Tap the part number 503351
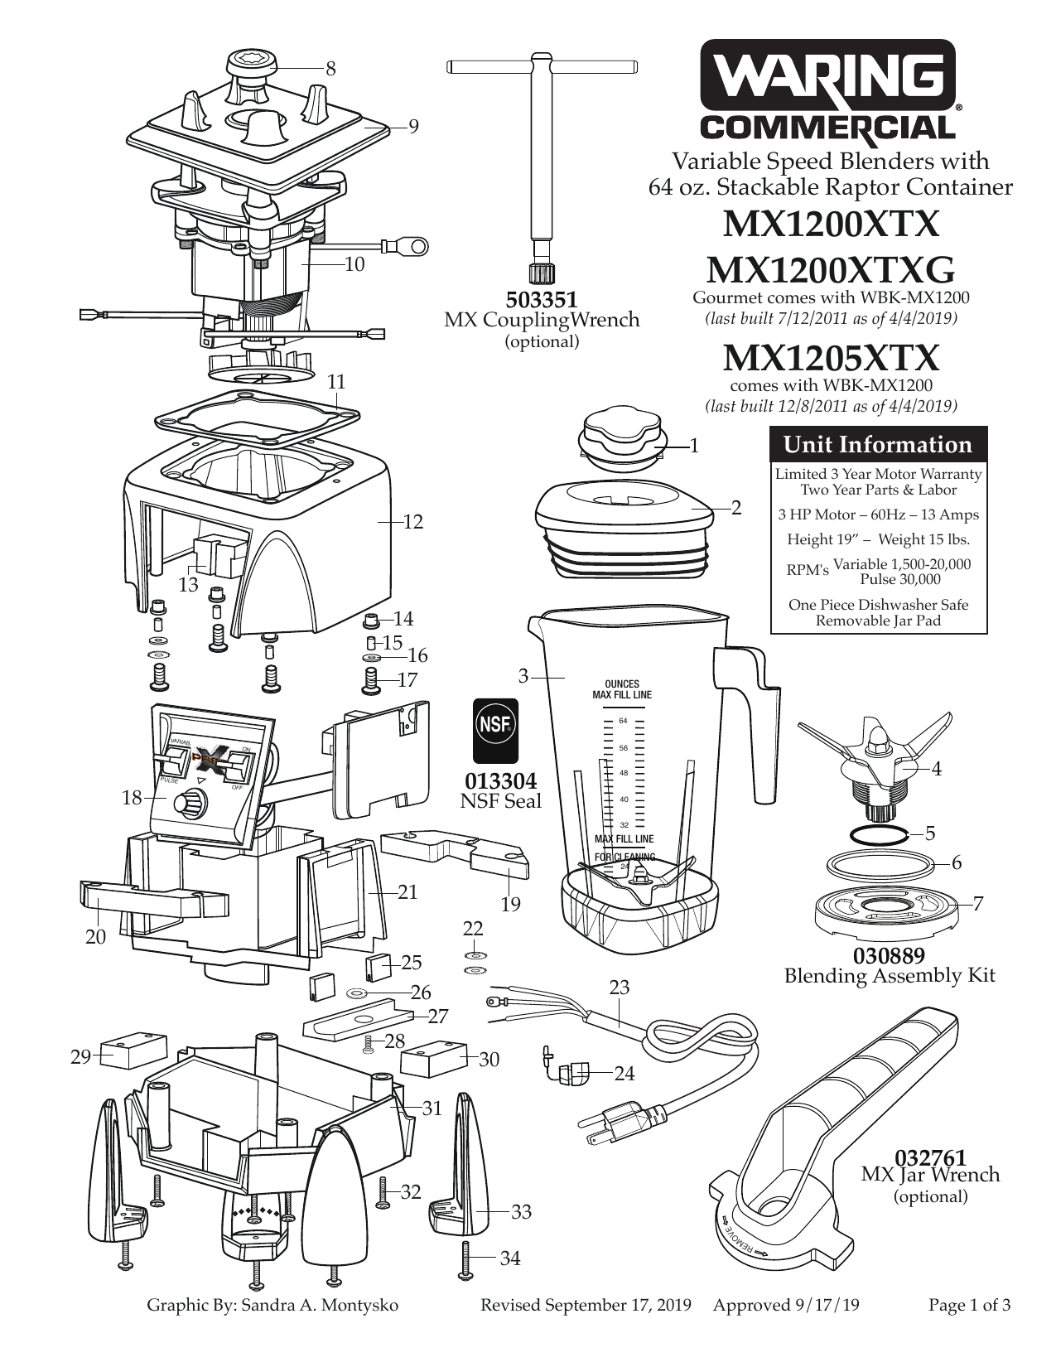click(542, 299)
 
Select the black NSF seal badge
click(495, 729)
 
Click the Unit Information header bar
click(878, 445)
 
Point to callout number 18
click(133, 798)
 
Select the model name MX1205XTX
click(831, 358)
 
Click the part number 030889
click(889, 955)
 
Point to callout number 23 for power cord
click(619, 987)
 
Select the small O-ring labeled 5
click(879, 832)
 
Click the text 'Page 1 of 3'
click(969, 1306)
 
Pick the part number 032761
click(930, 1157)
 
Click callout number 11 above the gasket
click(336, 382)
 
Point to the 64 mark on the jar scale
click(623, 720)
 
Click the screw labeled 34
click(465, 1258)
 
